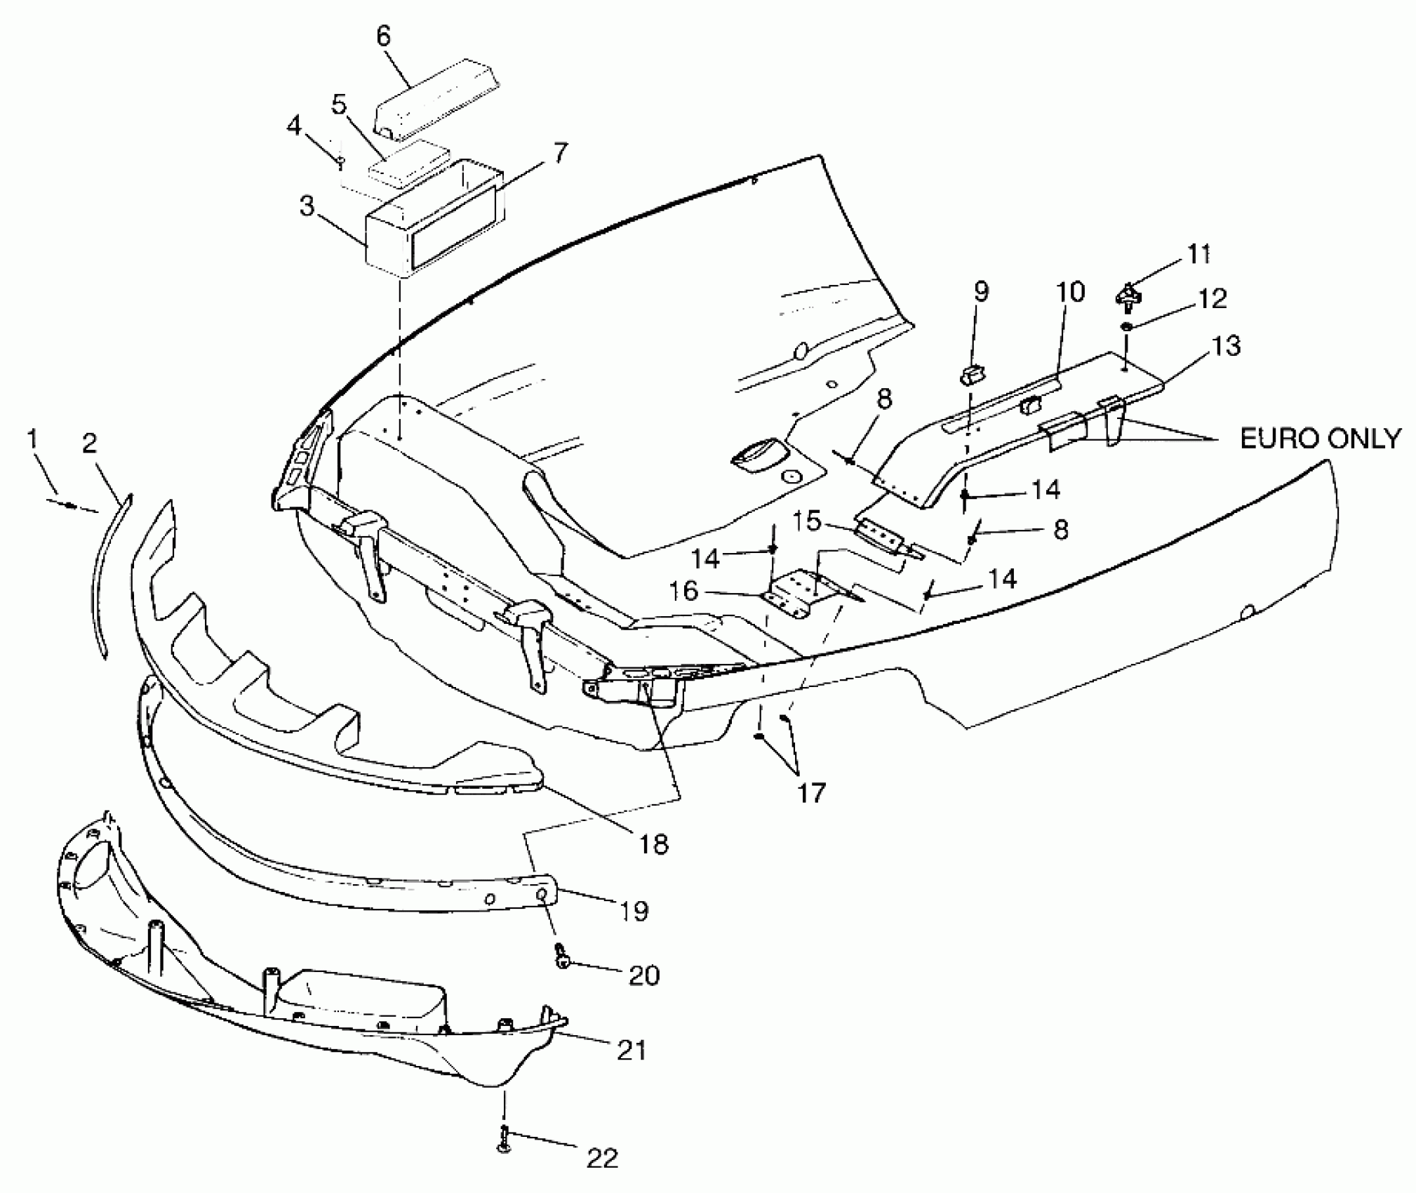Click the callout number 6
(383, 36)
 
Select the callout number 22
(601, 1158)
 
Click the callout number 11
(1198, 254)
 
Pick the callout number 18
(654, 844)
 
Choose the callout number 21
(631, 1051)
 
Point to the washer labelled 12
(1126, 326)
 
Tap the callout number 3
(307, 208)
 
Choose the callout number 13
(1226, 346)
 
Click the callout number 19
(634, 911)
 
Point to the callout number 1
(32, 439)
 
